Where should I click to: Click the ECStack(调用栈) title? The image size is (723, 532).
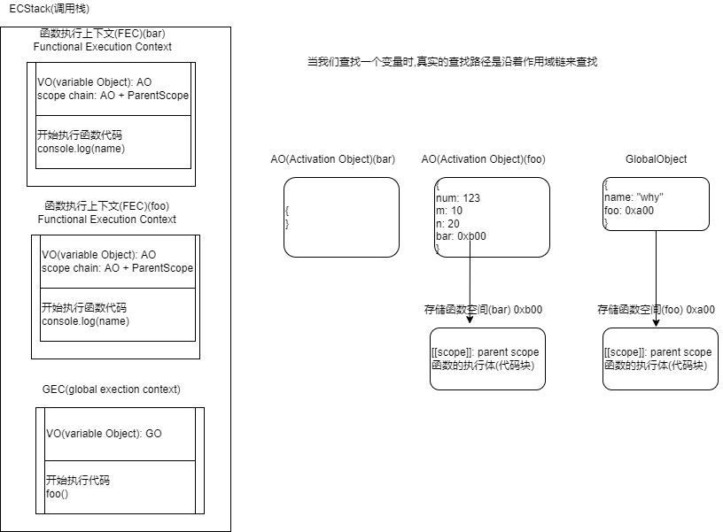43,8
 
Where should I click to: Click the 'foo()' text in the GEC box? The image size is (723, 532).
57,493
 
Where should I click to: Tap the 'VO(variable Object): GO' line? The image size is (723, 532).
104,434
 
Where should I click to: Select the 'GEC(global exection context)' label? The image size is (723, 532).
111,389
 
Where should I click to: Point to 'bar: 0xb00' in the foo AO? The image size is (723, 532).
461,236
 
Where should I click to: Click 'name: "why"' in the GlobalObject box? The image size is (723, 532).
634,197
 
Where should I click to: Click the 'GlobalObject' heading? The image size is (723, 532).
656,159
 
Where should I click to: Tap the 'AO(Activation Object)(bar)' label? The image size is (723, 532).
332,159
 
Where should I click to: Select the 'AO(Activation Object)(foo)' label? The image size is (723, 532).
483,159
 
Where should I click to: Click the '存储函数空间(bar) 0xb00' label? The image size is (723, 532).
483,310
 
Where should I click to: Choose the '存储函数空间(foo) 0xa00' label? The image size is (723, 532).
656,310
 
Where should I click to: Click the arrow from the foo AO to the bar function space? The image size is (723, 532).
470,274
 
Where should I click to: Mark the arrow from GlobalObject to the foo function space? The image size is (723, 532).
656,274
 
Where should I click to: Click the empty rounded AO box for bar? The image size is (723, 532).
341,217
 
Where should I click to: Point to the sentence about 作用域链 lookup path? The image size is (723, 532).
452,63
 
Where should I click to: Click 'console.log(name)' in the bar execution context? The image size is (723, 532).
81,149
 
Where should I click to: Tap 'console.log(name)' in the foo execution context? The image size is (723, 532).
85,321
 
